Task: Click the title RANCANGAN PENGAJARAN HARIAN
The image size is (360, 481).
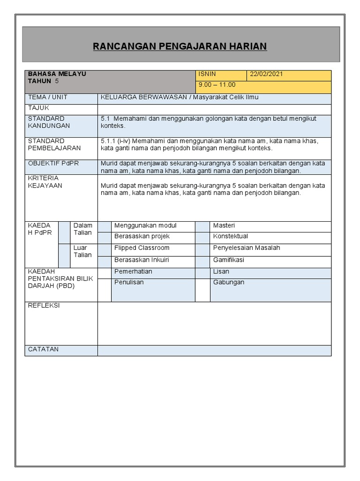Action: coord(180,46)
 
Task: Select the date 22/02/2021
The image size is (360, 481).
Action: coord(266,74)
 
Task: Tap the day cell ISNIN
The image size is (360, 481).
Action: coord(207,74)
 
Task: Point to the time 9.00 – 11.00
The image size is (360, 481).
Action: coord(217,85)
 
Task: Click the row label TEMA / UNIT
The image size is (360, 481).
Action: coord(48,97)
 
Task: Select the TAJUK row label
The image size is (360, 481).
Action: coord(38,108)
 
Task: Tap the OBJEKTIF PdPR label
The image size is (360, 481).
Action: coord(53,163)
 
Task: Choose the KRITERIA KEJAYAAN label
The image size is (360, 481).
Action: coord(45,182)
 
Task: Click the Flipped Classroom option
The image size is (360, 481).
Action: coord(142,248)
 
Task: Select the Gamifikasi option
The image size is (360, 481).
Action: coord(228,260)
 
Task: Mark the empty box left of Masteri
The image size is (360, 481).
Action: coord(202,226)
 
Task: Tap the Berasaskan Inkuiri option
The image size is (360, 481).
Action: coord(142,260)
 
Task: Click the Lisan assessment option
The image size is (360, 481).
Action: coord(221,272)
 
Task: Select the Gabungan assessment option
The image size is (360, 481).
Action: coord(228,282)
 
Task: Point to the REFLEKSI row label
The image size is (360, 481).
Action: coord(44,305)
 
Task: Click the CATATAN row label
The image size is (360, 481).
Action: coord(43,349)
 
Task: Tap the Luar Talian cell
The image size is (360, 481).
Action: coord(83,251)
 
